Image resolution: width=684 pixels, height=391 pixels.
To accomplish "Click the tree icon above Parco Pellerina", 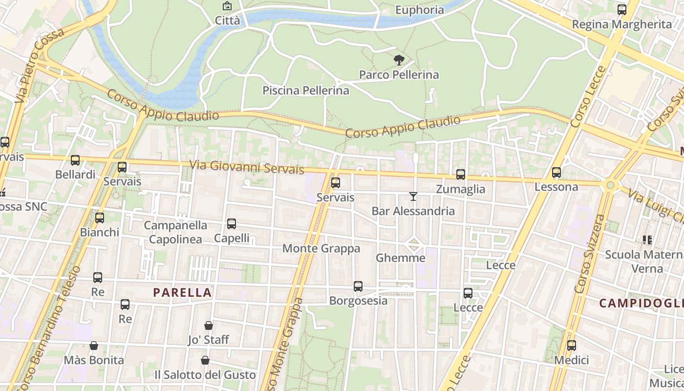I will click(399, 60).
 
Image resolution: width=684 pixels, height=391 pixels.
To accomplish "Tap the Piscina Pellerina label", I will click(306, 90).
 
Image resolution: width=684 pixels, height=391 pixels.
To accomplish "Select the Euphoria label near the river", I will click(420, 10).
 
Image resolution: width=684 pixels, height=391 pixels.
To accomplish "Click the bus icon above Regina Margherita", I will click(622, 9).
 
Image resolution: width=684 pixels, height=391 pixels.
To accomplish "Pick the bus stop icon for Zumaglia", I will click(460, 174).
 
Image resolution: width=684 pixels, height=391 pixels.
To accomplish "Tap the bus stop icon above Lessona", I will click(556, 173).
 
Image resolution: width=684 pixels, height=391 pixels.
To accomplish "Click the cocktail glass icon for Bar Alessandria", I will click(413, 196).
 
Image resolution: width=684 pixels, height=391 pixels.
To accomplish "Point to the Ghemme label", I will click(400, 258).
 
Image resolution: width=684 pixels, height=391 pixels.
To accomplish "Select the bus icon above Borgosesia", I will click(358, 286).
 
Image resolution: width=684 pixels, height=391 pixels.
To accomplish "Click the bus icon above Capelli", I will click(232, 224).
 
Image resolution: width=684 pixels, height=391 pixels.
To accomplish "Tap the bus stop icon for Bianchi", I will click(100, 218).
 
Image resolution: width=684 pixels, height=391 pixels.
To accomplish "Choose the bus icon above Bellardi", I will click(75, 160).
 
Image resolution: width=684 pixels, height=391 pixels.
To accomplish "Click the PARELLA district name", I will click(182, 293).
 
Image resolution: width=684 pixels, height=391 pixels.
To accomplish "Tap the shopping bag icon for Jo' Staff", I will click(209, 326).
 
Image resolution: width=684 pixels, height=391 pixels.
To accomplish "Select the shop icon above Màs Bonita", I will click(94, 346).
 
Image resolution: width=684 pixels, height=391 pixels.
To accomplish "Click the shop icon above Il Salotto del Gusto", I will click(205, 361).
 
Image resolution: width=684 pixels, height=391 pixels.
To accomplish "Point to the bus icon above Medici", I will click(571, 346).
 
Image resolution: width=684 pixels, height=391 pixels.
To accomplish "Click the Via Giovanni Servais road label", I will click(247, 167).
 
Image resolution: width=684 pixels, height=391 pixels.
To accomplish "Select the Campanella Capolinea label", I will click(175, 232).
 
